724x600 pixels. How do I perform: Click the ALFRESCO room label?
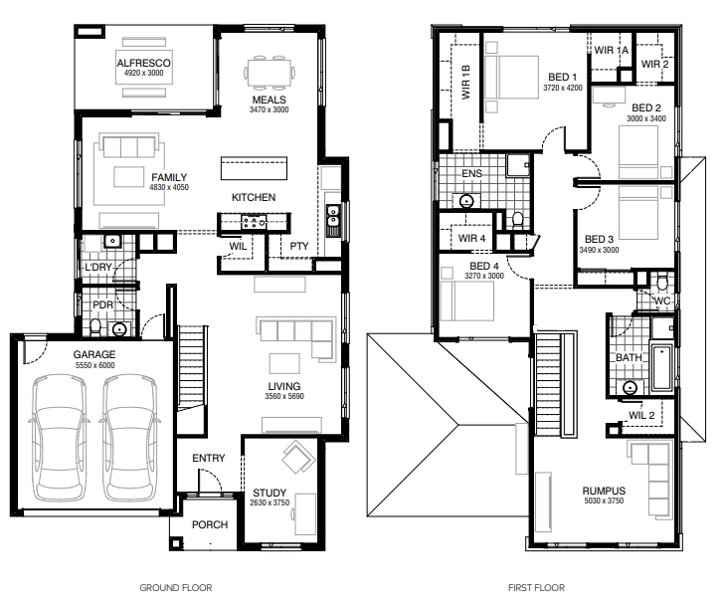coord(143,63)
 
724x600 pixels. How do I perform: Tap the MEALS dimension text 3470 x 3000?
coord(269,109)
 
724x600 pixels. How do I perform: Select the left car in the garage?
coord(58,438)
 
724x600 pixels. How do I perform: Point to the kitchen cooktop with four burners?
coord(254,222)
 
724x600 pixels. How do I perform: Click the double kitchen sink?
coord(332,216)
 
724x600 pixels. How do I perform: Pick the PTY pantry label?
coord(298,246)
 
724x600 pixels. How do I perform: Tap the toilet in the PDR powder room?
coord(96,326)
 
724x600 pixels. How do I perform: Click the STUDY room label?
coord(270,493)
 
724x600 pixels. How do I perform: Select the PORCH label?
coord(210,524)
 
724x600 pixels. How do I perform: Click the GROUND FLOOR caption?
coord(176,588)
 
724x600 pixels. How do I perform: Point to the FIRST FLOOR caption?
coord(536,588)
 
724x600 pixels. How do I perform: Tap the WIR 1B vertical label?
coord(465,82)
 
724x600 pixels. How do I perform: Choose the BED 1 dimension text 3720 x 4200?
coord(563,88)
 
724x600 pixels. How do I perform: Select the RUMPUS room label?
coord(604,491)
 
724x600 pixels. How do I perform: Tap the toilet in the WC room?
coord(662,281)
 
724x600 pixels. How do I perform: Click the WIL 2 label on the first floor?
coord(641,415)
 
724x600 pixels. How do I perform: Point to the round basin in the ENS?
coord(466,201)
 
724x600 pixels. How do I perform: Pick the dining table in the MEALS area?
coord(270,73)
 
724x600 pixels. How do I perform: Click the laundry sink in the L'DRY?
coord(111,241)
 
